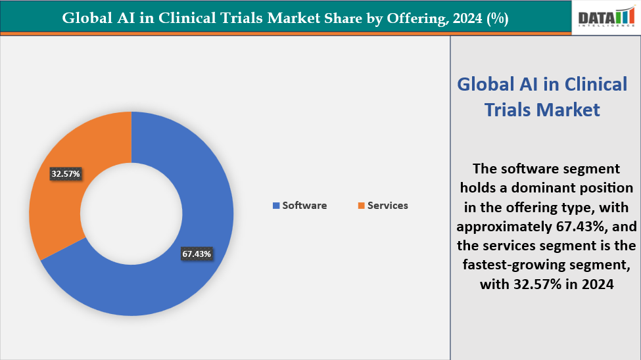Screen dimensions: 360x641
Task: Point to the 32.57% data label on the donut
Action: coord(65,174)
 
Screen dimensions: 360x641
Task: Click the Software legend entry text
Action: coord(304,206)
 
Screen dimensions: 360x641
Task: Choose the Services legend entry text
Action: coord(387,206)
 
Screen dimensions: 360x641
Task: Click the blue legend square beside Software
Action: coord(275,206)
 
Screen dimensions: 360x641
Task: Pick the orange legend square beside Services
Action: coord(361,206)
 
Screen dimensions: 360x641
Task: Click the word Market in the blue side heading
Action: coord(569,110)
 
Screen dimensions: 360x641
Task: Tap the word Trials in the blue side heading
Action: coord(510,110)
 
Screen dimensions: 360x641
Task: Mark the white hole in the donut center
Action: coord(131,214)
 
